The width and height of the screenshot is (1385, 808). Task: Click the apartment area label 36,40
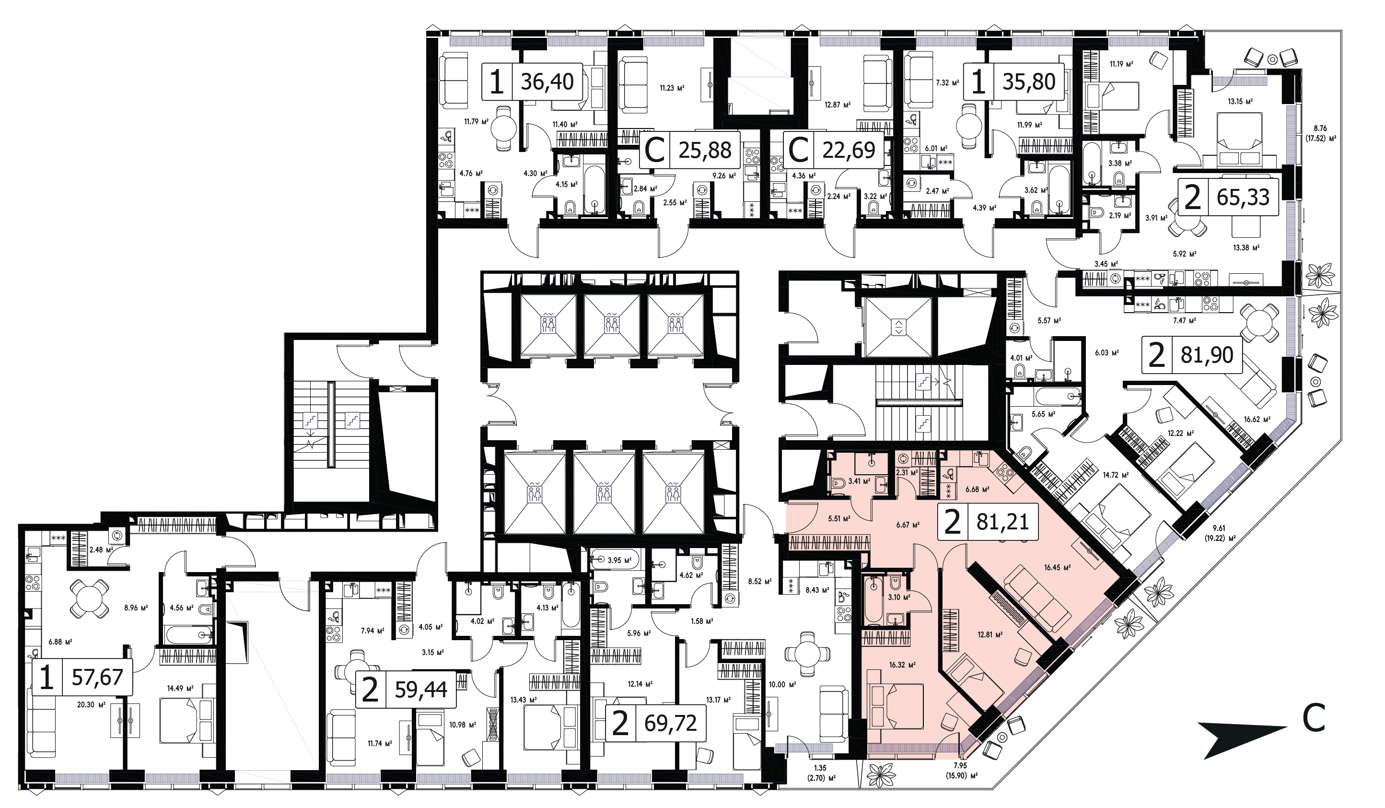(x=547, y=82)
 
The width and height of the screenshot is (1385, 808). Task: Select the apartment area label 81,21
(x=1002, y=521)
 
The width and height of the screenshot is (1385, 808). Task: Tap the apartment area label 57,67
(x=97, y=677)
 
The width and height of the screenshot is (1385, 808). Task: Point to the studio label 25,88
(x=705, y=150)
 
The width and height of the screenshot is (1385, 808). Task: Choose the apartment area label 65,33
(x=1243, y=197)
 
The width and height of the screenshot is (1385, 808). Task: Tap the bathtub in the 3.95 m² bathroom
(x=615, y=560)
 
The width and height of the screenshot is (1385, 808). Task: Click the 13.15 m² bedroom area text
(x=1240, y=101)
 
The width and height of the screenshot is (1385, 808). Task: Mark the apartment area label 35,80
(x=1029, y=82)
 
